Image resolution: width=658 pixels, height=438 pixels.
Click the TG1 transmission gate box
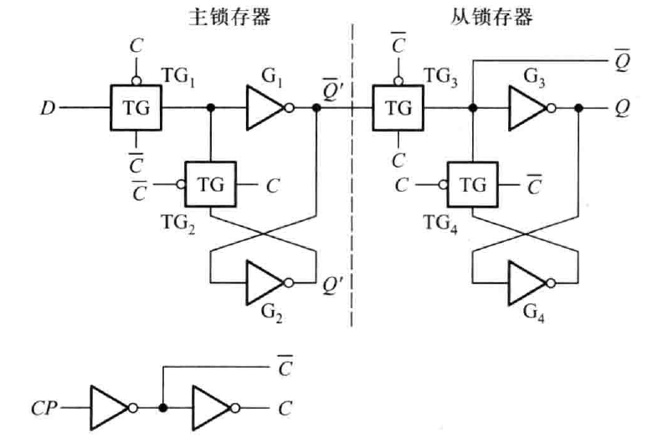136,108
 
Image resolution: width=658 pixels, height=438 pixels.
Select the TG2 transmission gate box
211,184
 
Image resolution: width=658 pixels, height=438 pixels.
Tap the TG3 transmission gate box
398,108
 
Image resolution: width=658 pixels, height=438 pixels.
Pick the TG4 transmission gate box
473,184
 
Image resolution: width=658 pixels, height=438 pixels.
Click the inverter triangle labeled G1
265,108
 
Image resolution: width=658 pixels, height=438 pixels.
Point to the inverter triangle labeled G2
265,282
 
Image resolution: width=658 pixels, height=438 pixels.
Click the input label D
48,108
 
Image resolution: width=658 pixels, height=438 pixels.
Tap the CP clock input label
44,408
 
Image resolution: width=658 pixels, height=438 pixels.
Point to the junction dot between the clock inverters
163,408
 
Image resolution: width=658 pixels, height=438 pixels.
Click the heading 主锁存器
229,18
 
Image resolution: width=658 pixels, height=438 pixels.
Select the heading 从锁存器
491,18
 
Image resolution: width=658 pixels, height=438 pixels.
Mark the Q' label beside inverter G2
333,286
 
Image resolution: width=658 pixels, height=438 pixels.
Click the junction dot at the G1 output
316,108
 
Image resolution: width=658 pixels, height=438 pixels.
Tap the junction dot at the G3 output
578,108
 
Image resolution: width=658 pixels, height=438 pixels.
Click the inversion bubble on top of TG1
136,80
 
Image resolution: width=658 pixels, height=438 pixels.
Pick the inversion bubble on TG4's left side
442,184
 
